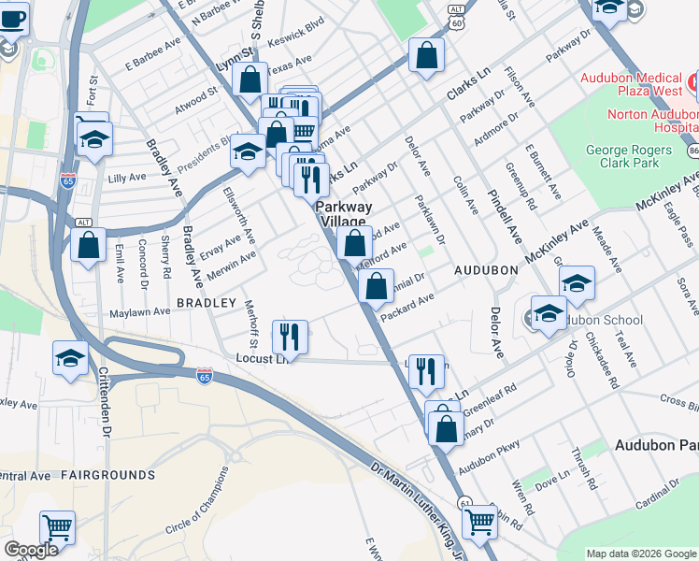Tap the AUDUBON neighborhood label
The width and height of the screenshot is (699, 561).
(485, 269)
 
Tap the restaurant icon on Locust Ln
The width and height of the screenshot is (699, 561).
(290, 336)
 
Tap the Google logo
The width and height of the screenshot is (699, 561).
(31, 550)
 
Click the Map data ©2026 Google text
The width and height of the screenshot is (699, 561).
(640, 554)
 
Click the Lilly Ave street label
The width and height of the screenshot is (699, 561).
(128, 177)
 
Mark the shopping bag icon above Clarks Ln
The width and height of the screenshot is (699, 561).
(426, 55)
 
